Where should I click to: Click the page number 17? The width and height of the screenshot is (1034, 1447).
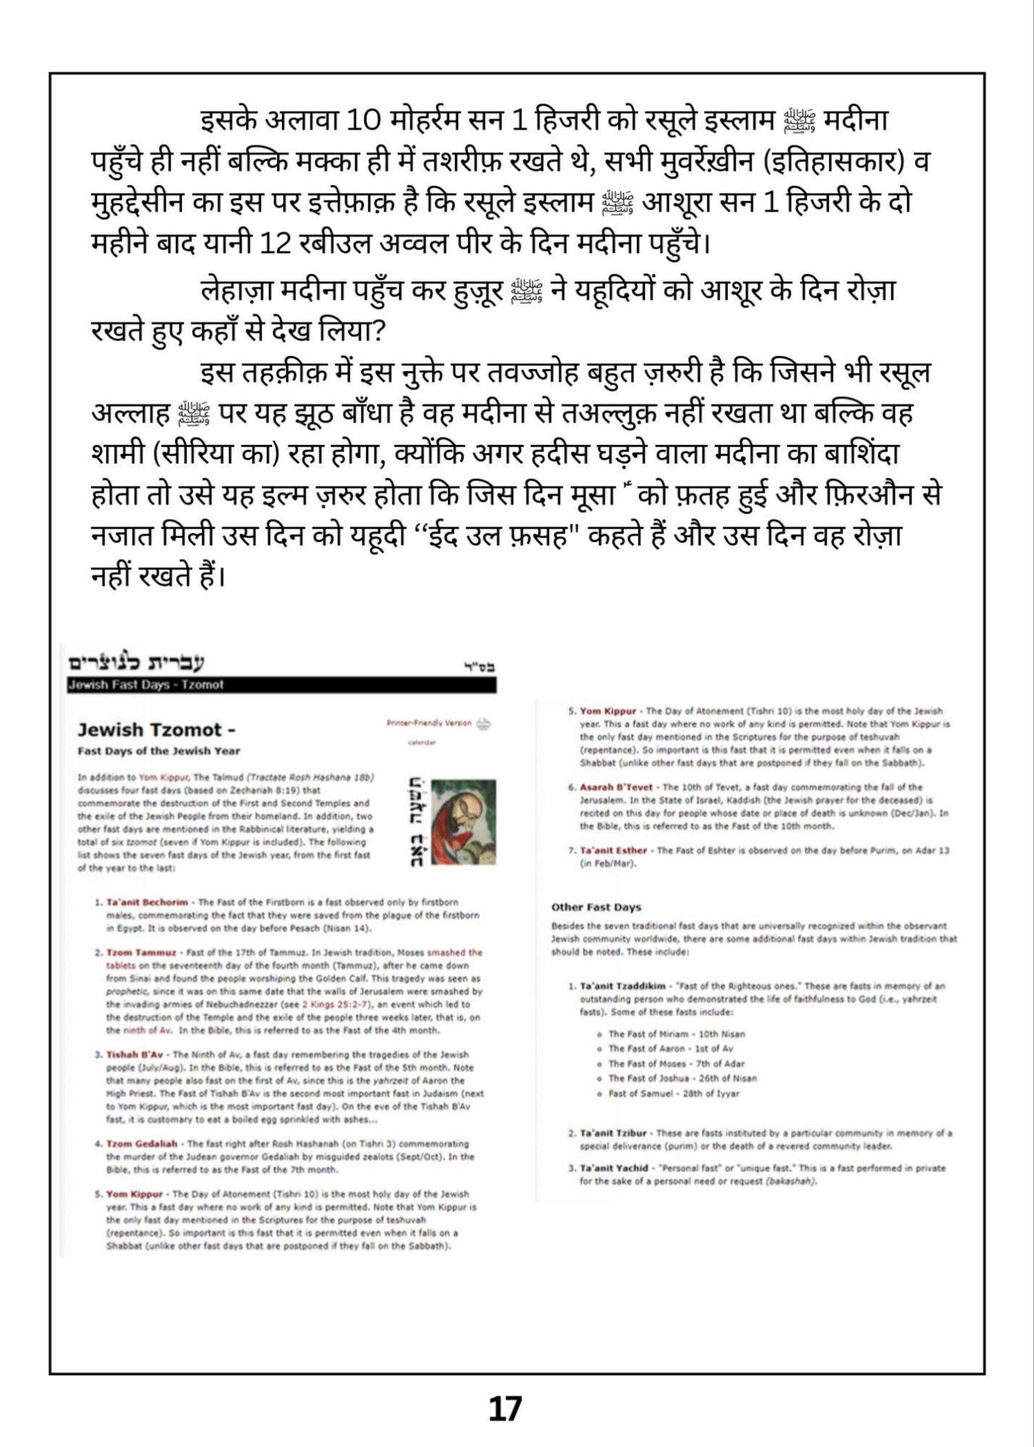coord(504,1409)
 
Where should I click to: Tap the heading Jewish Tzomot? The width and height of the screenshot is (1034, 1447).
coord(156,730)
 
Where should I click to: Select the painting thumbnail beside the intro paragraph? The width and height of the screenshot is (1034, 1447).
coord(463,822)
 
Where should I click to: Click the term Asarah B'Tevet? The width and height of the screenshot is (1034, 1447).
coord(616,786)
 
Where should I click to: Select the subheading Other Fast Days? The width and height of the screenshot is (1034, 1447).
coord(596,907)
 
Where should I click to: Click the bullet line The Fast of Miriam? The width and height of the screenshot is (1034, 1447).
coord(677,1034)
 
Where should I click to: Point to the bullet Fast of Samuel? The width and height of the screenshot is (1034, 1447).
coord(674,1093)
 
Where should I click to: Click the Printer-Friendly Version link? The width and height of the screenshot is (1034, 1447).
coord(429,723)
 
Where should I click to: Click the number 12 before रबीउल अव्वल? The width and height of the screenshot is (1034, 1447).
coord(275,244)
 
